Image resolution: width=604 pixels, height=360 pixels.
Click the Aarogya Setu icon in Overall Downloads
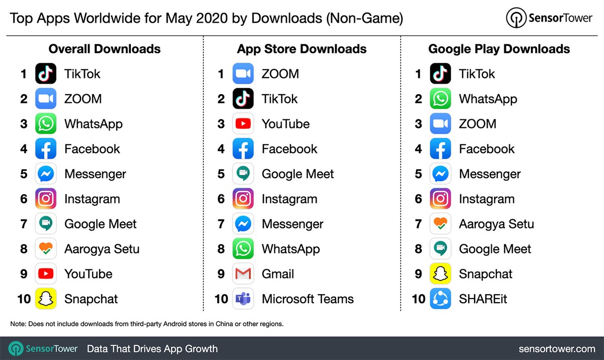tap(46, 249)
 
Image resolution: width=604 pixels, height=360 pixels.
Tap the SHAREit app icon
tap(440, 299)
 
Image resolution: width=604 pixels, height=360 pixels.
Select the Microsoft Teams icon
tap(243, 299)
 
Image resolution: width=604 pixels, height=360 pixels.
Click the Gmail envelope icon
tap(243, 274)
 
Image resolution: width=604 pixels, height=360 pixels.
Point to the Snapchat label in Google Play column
tap(485, 274)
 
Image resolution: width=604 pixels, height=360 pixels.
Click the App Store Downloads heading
tap(301, 49)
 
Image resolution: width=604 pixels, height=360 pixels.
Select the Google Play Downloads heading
tap(499, 49)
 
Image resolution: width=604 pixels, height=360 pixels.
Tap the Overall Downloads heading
tap(104, 49)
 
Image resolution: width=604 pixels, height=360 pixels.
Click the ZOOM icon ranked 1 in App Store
tap(243, 74)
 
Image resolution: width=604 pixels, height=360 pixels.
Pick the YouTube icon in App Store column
tap(243, 124)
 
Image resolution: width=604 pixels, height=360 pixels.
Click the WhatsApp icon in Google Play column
tap(440, 99)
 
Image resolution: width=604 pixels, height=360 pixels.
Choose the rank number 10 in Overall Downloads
tap(24, 299)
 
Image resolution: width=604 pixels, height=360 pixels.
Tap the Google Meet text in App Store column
tap(297, 174)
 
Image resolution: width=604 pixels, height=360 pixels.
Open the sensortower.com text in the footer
tap(557, 348)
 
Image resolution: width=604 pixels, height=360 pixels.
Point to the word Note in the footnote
tap(18, 324)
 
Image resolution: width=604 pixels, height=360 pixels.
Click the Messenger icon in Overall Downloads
tap(46, 174)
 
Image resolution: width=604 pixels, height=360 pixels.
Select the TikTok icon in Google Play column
tap(440, 74)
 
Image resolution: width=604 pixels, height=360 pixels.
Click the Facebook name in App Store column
tap(289, 149)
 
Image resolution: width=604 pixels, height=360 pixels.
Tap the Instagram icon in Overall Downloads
tap(46, 199)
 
